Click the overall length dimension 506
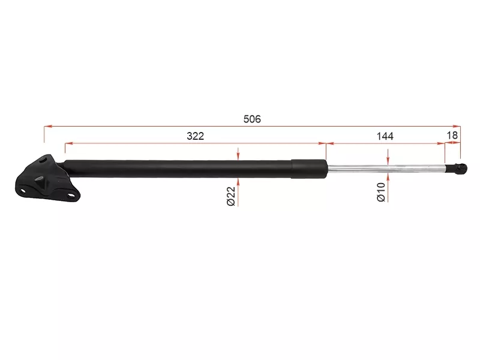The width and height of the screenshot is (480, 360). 252,119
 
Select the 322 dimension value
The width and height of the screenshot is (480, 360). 195,136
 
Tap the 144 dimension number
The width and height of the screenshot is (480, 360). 385,136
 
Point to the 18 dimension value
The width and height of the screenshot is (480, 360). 452,136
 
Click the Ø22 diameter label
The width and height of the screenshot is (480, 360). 230,196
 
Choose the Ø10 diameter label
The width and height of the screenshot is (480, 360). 380,191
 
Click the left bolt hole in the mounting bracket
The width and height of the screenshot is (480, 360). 24,191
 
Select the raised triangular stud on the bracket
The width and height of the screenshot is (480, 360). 41,181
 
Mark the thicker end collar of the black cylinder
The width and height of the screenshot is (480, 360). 308,168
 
